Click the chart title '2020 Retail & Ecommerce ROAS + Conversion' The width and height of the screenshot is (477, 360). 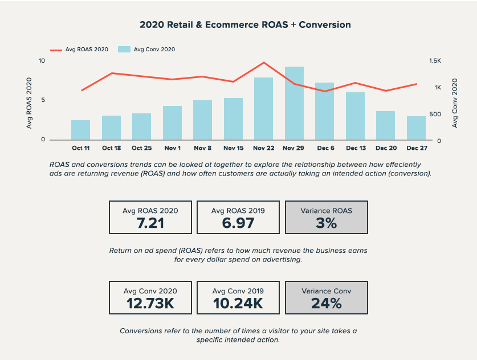[x=245, y=25]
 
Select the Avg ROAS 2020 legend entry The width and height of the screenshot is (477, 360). [x=79, y=50]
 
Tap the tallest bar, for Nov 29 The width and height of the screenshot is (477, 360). [x=294, y=103]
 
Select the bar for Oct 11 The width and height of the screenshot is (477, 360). [x=80, y=130]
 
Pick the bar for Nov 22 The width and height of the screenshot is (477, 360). [x=263, y=109]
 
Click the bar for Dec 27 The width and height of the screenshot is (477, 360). [x=416, y=128]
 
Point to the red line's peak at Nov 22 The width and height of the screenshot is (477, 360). [x=264, y=63]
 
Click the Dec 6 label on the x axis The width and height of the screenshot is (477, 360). [x=325, y=148]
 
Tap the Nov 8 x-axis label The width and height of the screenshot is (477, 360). [x=202, y=148]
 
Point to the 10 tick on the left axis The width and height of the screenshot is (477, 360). [x=42, y=60]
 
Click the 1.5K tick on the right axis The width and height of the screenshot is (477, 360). [x=435, y=60]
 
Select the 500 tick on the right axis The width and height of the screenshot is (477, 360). [x=434, y=114]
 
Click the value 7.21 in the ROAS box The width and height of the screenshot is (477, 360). [x=150, y=223]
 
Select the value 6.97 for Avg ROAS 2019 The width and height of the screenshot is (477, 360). [x=238, y=223]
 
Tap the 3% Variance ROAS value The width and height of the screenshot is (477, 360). [x=326, y=223]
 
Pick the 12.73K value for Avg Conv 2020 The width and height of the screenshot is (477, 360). [x=150, y=304]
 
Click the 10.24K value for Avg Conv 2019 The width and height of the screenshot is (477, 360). [x=238, y=304]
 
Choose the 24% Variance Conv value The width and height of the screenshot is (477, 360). [x=326, y=304]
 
